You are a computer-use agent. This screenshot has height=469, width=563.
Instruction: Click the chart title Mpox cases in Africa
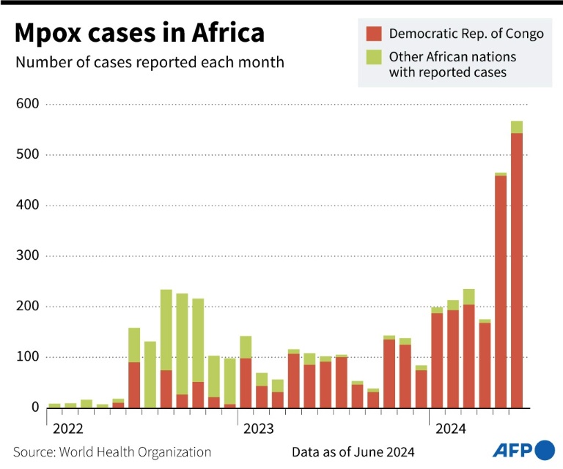pos(139,34)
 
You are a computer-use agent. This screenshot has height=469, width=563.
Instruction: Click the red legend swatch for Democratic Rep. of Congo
pos(374,33)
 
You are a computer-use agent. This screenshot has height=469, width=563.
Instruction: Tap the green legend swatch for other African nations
pos(374,56)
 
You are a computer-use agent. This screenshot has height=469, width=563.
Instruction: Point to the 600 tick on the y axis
pos(26,105)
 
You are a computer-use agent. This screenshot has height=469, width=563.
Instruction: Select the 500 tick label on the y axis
pos(26,155)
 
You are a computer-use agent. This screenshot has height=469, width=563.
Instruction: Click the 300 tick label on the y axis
pos(26,256)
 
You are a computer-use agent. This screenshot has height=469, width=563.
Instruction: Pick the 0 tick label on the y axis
pos(34,408)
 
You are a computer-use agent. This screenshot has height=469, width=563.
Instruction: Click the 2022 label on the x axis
pos(67,428)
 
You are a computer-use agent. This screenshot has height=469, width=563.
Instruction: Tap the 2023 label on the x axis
pos(259,428)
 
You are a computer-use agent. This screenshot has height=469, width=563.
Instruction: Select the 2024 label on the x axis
pos(450,428)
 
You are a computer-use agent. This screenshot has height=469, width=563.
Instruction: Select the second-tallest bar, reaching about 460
pos(501,293)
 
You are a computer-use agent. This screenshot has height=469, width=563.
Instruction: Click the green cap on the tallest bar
pos(517,127)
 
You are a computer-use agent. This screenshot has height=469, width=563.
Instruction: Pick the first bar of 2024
pos(437,359)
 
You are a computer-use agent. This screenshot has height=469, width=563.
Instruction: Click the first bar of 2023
pos(246,380)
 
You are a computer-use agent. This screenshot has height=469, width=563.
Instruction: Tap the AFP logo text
pos(513,449)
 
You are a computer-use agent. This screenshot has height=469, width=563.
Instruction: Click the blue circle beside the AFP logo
pos(545,449)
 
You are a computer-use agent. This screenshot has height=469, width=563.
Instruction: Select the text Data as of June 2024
pos(353,452)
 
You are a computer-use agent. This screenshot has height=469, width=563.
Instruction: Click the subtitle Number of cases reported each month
pos(150,61)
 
